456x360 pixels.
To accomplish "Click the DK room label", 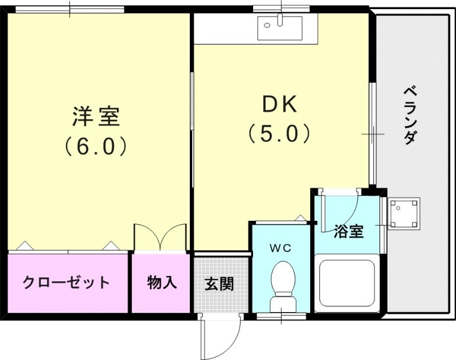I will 279,105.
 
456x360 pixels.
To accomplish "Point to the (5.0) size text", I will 279,134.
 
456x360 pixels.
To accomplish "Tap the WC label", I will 280,248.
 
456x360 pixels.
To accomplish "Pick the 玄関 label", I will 219,284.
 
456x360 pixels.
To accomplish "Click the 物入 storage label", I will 161,282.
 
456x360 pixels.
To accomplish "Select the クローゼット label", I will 66,282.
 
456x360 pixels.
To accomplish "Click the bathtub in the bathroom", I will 347,283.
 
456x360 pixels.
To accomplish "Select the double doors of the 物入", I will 160,237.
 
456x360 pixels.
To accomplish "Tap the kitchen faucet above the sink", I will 280,18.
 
